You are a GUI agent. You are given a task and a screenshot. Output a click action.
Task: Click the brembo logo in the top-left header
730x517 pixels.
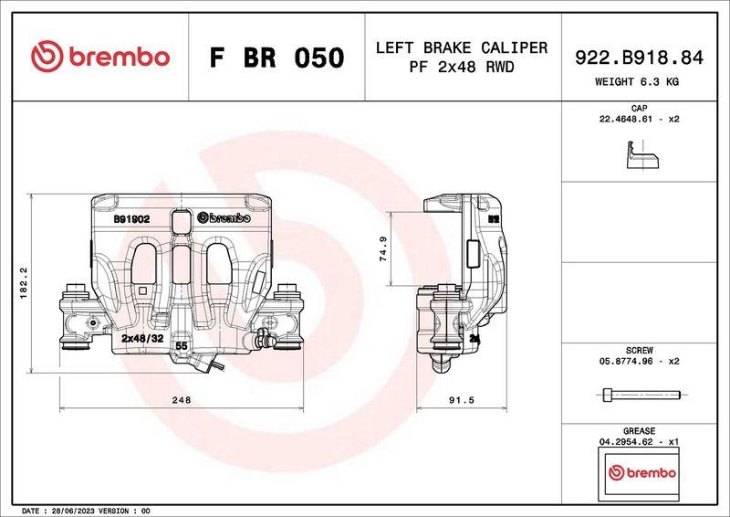tap(100, 57)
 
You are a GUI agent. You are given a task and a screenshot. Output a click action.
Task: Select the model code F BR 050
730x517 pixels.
tap(276, 58)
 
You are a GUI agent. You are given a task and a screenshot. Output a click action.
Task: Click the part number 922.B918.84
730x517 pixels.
tap(639, 58)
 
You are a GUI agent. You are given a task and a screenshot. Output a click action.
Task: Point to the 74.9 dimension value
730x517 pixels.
tap(384, 249)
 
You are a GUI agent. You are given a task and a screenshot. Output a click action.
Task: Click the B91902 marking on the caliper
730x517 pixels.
tap(131, 219)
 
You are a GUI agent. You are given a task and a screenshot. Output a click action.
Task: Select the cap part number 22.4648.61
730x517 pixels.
tap(628, 120)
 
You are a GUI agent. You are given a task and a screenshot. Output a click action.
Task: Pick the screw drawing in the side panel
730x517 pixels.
tap(641, 395)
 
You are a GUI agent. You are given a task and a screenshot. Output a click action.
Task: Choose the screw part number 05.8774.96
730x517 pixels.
tap(628, 362)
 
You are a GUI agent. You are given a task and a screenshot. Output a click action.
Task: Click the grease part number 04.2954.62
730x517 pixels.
tap(628, 440)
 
